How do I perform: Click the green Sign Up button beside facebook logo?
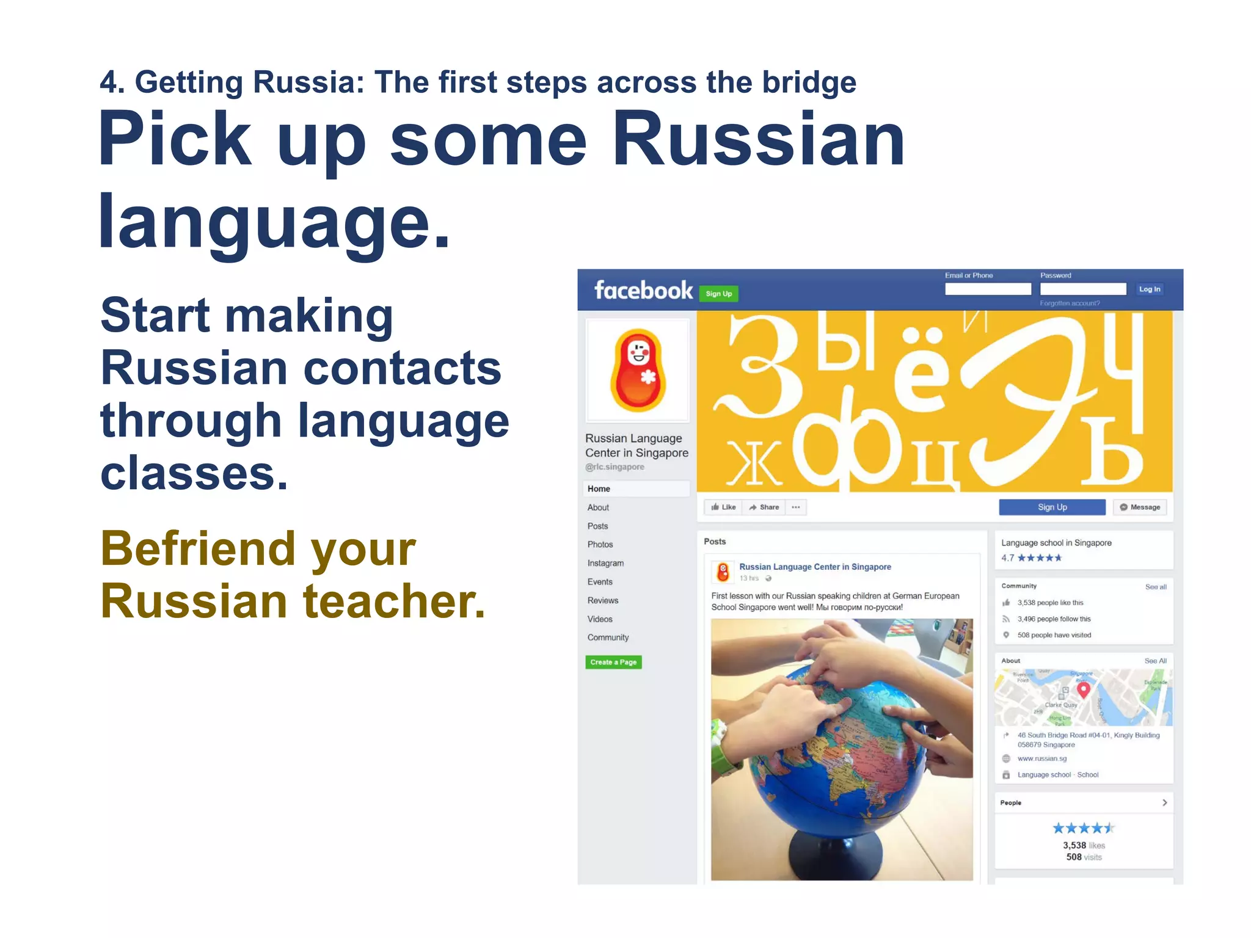tap(718, 294)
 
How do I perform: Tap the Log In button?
tap(1149, 289)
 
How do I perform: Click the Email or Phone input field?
tap(987, 289)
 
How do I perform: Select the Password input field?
tap(1082, 289)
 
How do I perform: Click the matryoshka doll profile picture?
tap(638, 370)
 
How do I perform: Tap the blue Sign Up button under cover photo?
tap(1052, 507)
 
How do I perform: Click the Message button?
tap(1140, 507)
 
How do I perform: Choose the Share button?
tap(764, 507)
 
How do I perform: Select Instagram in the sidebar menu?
tap(605, 563)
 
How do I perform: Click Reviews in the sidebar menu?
tap(603, 600)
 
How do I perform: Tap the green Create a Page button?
tap(613, 662)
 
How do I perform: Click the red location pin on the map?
tap(1083, 689)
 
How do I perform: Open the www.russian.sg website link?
tap(1042, 758)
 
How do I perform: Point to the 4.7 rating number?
tap(1007, 558)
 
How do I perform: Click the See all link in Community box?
tap(1156, 587)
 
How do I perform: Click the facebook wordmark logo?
tap(643, 291)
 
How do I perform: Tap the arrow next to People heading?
tap(1164, 802)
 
